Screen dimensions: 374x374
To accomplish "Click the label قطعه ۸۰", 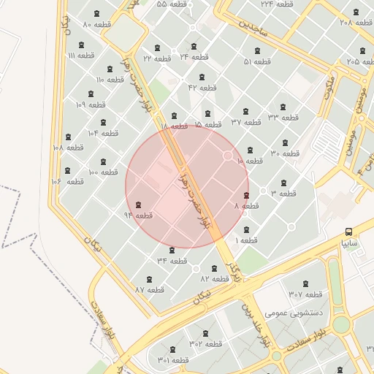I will tap(96, 25).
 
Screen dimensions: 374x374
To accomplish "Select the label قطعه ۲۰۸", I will tap(356, 23).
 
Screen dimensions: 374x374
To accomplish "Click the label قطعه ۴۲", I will tap(202, 88).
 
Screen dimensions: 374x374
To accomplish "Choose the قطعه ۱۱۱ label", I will tap(80, 56).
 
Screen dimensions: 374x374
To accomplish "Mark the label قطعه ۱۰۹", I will tap(91, 104).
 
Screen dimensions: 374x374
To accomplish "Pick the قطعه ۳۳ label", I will tap(283, 117).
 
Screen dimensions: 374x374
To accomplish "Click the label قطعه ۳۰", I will tap(285, 153).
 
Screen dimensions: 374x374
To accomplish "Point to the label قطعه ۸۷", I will tap(149, 289).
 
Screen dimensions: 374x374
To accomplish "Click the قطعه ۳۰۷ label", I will tap(305, 294).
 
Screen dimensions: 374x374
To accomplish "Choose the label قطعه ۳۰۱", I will tap(172, 360).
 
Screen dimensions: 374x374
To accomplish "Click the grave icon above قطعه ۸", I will tap(245, 195).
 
